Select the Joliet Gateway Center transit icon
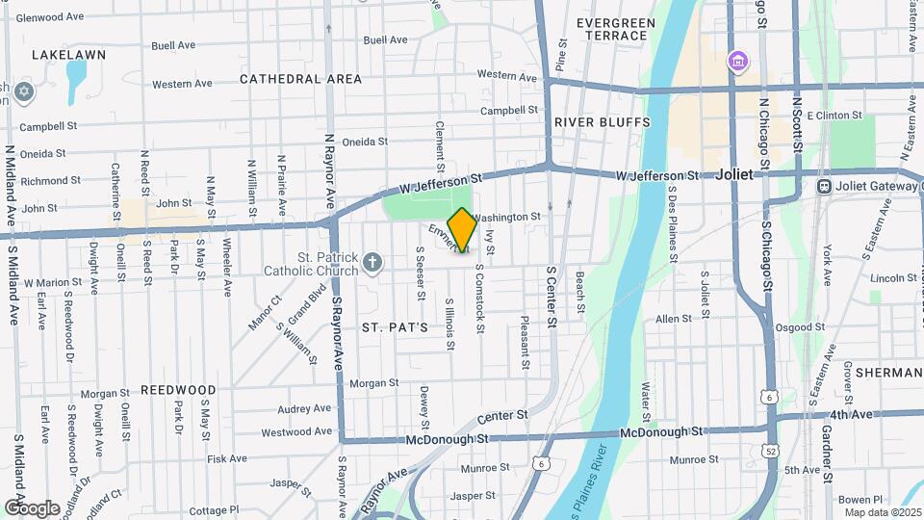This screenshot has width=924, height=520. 823,186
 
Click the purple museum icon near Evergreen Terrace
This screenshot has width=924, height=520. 738,62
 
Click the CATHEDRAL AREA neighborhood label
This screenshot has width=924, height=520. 300,79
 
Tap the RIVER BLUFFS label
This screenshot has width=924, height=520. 603,122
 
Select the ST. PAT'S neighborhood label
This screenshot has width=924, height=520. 395,327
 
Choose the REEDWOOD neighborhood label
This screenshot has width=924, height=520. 178,390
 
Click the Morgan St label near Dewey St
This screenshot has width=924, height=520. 373,383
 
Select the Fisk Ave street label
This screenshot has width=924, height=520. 228,459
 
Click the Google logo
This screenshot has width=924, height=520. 32,507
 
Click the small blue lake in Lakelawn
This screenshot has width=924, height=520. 76,72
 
